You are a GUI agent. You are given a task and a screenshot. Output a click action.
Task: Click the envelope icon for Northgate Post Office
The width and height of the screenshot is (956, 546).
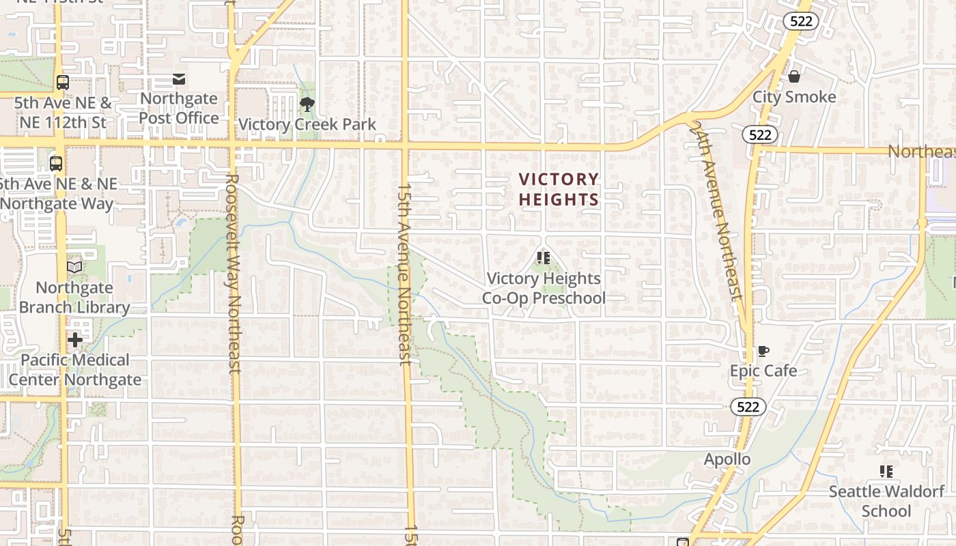point(179,80)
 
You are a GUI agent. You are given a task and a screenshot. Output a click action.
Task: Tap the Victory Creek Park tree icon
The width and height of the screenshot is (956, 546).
point(307,104)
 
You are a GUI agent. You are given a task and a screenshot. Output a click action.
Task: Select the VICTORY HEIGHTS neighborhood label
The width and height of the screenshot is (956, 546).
point(559,189)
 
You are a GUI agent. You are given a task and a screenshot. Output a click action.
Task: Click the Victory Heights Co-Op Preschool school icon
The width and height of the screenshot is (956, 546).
point(544,258)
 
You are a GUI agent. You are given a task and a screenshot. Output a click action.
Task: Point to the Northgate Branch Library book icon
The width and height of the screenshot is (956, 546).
point(74,267)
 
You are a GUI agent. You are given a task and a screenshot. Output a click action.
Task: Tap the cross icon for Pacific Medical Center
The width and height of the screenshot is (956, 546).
point(75,339)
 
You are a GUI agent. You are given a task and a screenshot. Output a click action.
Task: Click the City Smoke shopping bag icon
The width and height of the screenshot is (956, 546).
point(793,76)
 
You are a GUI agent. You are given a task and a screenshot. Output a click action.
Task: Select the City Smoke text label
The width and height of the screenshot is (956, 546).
point(794,97)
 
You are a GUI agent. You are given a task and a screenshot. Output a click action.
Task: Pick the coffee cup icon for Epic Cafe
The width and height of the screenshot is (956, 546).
point(763,351)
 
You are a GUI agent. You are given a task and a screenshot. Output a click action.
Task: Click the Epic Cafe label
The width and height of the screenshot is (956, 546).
point(763,371)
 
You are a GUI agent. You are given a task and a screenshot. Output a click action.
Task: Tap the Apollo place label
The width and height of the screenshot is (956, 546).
point(727,459)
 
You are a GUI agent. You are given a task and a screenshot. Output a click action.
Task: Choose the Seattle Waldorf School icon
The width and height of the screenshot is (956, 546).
point(886,471)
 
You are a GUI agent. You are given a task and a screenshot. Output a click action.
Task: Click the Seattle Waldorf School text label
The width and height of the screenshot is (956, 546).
point(886,501)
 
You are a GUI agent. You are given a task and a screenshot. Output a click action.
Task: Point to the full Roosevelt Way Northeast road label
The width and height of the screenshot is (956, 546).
point(232,273)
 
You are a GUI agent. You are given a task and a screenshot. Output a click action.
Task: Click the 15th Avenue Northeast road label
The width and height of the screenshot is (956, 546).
point(405,273)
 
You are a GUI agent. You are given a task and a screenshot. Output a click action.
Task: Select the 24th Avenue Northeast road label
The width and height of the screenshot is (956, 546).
point(716,212)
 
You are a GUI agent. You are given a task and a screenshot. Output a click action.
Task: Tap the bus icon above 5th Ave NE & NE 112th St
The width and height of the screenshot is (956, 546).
point(63,83)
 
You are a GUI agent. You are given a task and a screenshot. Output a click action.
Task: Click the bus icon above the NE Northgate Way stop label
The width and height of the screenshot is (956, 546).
point(56,164)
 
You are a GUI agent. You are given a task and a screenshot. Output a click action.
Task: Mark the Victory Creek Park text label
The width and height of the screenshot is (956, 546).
point(307,124)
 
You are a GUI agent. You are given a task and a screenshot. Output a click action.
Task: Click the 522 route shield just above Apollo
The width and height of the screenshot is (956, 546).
point(748,407)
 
